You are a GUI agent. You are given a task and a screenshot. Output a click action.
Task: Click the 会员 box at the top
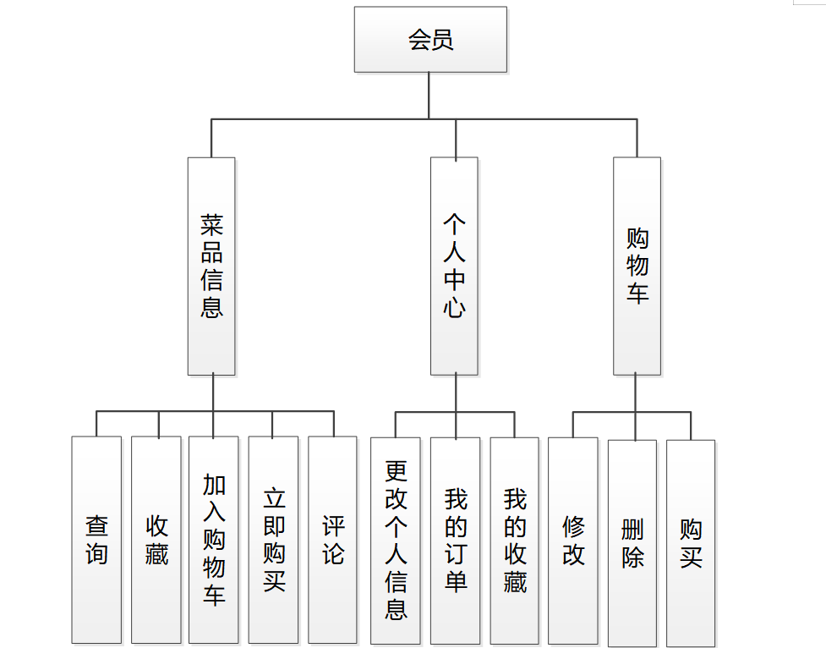430,40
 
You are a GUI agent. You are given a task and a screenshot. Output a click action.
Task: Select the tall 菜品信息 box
211,266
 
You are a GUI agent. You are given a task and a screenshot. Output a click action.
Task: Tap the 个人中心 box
454,266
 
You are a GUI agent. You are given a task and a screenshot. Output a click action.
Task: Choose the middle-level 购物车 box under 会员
637,266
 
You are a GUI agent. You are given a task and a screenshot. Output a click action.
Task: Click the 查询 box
96,540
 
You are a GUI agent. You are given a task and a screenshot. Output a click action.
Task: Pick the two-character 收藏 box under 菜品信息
156,540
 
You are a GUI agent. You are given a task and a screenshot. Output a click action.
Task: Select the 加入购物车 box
213,540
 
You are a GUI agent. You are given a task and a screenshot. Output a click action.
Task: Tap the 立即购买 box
273,540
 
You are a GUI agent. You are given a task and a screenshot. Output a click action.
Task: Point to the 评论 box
332,540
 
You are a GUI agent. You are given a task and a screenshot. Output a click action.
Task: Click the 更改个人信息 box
395,540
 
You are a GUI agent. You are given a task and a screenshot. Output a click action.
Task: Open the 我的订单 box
455,540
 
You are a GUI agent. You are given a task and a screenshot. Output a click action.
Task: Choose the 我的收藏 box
514,540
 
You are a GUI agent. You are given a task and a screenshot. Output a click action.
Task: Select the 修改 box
572,540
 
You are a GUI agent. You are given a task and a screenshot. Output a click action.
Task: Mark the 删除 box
632,541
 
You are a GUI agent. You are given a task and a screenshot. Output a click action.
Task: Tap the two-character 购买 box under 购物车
690,541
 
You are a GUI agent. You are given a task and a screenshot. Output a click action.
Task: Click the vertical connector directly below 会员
429,95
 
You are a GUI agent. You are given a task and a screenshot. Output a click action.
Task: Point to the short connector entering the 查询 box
96,424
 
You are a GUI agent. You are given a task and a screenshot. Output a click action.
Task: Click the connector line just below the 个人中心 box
456,393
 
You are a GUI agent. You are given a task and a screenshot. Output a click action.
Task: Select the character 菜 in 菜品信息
211,225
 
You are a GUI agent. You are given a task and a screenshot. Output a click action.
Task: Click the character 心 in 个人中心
454,306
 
